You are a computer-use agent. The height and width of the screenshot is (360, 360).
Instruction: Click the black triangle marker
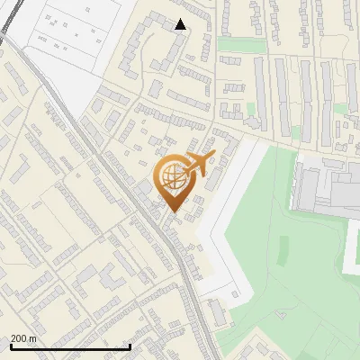181,24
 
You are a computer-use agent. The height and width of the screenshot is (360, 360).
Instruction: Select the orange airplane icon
202,163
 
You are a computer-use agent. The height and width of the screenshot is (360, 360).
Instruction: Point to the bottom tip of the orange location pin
172,212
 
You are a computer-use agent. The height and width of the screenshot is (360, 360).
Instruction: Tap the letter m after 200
34,338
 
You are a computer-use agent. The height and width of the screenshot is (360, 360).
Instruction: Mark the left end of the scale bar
10,346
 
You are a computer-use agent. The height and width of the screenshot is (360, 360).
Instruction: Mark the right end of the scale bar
130,346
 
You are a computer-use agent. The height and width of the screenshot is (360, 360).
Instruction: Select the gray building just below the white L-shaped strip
218,313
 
